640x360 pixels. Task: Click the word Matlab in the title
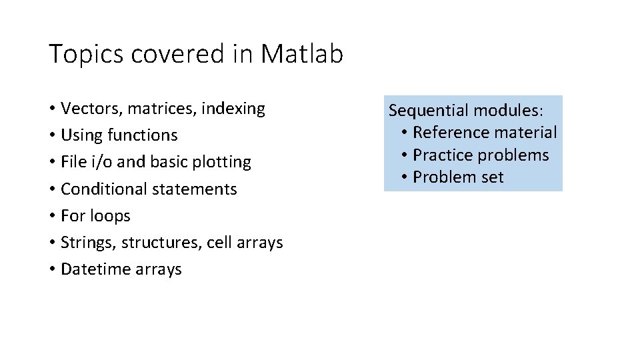click(302, 54)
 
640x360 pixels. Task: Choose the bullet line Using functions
click(119, 135)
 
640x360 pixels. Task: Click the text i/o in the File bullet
click(101, 162)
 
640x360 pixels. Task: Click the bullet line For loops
click(95, 216)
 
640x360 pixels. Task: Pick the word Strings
click(84, 243)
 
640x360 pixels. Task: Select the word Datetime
click(93, 269)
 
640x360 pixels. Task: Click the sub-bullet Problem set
click(458, 177)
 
